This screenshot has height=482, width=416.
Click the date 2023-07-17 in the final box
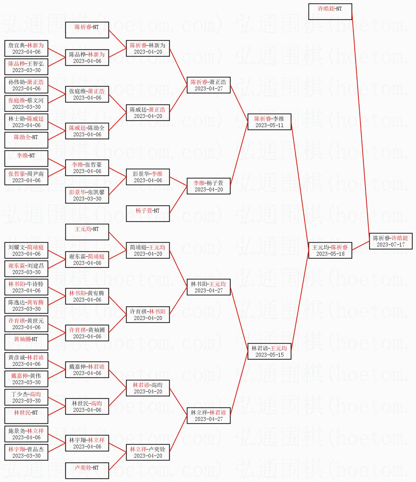391,245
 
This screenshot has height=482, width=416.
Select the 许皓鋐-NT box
330,12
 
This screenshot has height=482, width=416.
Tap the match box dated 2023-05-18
330,250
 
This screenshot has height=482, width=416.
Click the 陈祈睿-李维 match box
269,122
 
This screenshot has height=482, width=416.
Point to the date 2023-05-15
269,355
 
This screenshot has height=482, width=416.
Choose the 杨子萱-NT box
148,214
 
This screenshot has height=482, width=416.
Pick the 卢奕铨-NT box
87,471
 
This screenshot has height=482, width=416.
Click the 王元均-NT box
87,232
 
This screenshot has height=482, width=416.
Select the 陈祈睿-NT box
87,30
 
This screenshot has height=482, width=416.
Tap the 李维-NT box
26,159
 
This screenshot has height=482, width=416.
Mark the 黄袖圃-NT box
26,342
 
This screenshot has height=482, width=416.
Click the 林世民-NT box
26,416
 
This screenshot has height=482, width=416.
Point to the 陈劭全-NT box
26,140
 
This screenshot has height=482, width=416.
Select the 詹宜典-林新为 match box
26,48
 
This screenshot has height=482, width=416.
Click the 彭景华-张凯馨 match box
87,195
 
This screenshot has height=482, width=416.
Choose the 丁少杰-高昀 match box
26,397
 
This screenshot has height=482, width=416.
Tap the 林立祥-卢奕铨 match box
148,452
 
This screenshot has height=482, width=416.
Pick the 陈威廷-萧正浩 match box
148,113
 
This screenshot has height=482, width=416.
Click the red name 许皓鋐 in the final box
399,238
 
